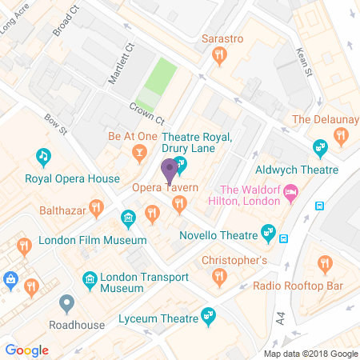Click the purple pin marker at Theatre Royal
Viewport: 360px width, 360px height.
[169, 170]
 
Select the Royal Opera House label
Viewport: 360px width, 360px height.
[72, 179]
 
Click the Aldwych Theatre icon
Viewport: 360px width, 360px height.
[321, 148]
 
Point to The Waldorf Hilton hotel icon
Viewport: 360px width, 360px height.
[292, 191]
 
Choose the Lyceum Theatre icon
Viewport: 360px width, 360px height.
[209, 314]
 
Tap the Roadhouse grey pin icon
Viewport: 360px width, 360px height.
[66, 304]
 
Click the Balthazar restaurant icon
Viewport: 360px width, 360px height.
[97, 210]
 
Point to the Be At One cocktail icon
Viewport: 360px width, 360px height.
[139, 151]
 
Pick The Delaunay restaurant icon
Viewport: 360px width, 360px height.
[342, 135]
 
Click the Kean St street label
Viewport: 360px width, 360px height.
[302, 61]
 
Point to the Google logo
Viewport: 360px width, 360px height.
[26, 350]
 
